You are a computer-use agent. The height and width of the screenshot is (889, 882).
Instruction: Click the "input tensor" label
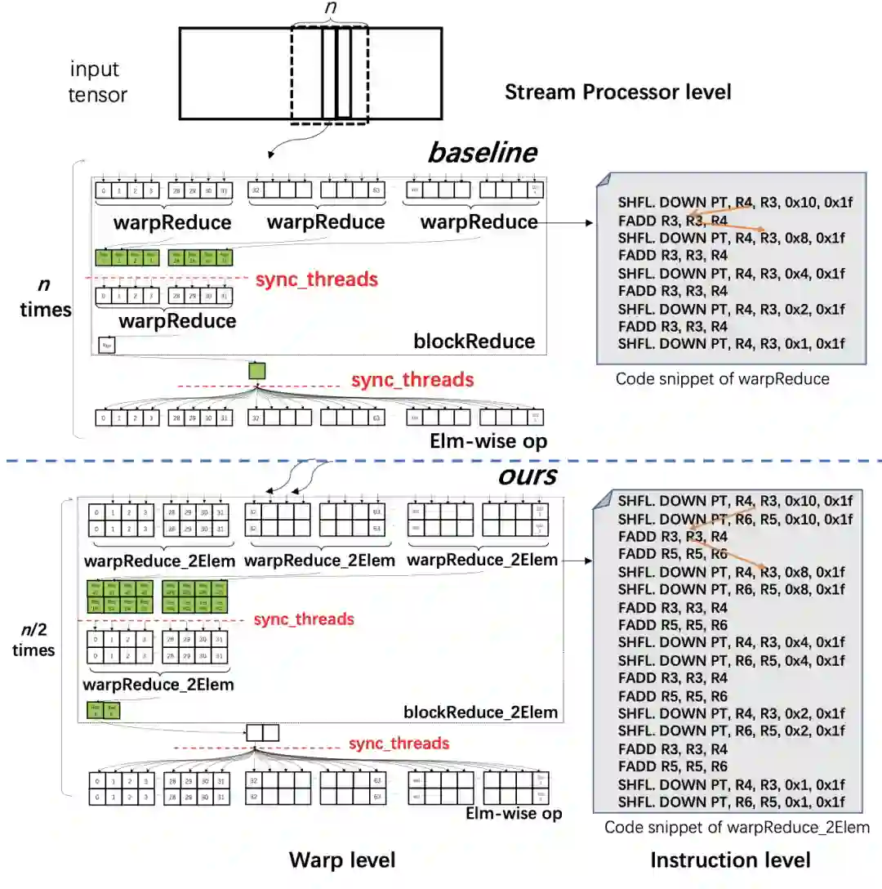[98, 82]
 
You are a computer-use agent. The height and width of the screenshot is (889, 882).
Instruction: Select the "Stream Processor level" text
[617, 92]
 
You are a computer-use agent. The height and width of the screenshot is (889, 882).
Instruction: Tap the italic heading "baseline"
[483, 152]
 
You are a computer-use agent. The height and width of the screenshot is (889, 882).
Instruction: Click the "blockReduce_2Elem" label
[480, 712]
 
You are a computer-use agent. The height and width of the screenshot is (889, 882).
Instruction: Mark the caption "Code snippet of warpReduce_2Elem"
[737, 827]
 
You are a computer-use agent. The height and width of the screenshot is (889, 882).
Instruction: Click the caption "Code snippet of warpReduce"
[722, 378]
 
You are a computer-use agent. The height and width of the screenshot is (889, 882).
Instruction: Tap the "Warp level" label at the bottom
[342, 860]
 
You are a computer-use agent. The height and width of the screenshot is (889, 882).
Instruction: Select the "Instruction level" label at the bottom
[730, 860]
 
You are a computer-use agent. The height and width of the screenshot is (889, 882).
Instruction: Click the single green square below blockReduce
[257, 370]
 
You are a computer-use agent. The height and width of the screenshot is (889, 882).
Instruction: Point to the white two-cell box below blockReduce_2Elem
[263, 732]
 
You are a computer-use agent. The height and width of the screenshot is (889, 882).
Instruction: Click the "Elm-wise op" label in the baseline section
[488, 441]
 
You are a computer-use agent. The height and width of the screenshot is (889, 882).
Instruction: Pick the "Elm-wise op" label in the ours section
[514, 813]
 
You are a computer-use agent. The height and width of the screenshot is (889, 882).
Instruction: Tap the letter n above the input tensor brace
[330, 7]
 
